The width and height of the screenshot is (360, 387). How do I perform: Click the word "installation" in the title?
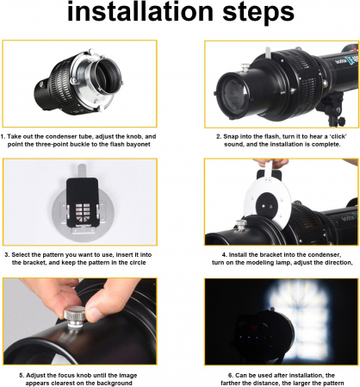[x=140, y=11]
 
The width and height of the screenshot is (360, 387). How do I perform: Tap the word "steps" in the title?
[x=258, y=12]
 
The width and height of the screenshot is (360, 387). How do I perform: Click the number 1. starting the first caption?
[x=3, y=136]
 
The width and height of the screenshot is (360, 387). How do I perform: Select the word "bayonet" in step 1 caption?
[x=139, y=144]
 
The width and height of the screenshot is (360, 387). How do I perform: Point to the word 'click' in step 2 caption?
[x=338, y=136]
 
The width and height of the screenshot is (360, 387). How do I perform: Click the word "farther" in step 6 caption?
[x=232, y=384]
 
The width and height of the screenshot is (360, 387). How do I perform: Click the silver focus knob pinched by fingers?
[x=74, y=315]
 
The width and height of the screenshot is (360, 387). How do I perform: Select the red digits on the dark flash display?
[x=253, y=328]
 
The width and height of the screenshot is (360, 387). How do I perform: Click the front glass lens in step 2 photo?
[x=233, y=92]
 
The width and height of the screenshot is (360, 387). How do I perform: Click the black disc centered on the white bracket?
[x=267, y=204]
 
